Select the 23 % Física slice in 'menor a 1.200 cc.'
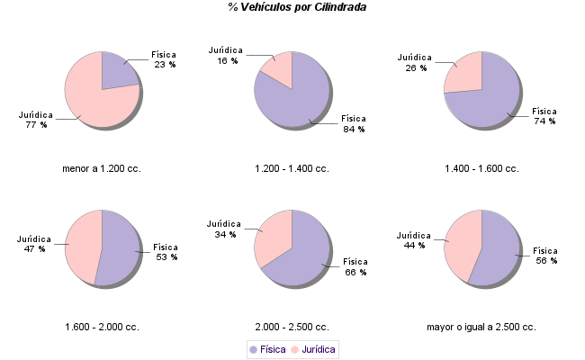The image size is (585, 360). (x=117, y=72)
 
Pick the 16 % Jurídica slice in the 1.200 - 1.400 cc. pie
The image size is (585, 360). (x=282, y=69)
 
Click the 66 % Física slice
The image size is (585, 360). (x=306, y=256)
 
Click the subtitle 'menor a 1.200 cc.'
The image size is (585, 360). (x=102, y=168)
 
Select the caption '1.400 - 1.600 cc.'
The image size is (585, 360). (x=481, y=168)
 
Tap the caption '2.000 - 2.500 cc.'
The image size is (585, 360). (x=292, y=327)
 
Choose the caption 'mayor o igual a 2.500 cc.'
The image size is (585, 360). (x=481, y=327)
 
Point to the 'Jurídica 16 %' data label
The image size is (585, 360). (x=225, y=55)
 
